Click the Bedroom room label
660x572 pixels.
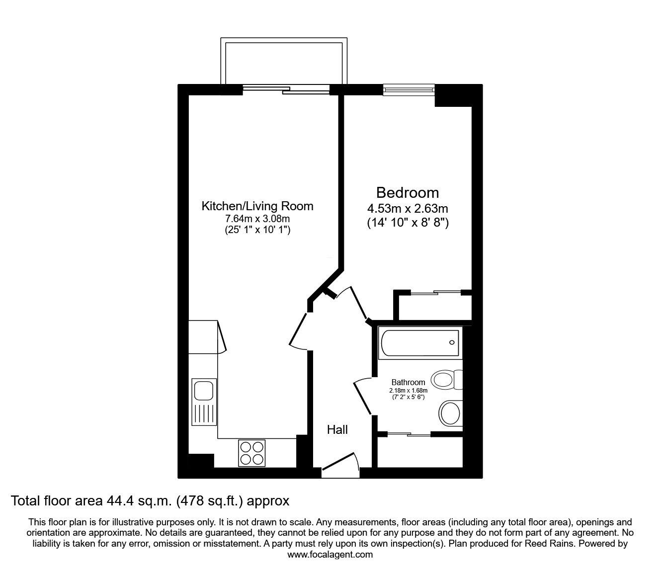[x=407, y=192]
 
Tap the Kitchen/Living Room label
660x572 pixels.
[x=257, y=206]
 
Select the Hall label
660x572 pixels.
[x=337, y=429]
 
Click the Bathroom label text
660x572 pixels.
[x=408, y=382]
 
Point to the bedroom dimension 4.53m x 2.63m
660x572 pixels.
[x=407, y=209]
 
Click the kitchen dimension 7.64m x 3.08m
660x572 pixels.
[x=257, y=219]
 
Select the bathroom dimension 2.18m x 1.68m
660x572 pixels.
[x=408, y=390]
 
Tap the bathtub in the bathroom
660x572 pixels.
[x=420, y=342]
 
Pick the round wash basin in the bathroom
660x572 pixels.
[x=450, y=412]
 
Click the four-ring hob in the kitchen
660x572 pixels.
[x=251, y=453]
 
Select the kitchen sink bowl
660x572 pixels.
[x=203, y=390]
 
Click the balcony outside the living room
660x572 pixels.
[x=284, y=62]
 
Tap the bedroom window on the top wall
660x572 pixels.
[x=409, y=89]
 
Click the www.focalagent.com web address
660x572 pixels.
[x=330, y=555]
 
